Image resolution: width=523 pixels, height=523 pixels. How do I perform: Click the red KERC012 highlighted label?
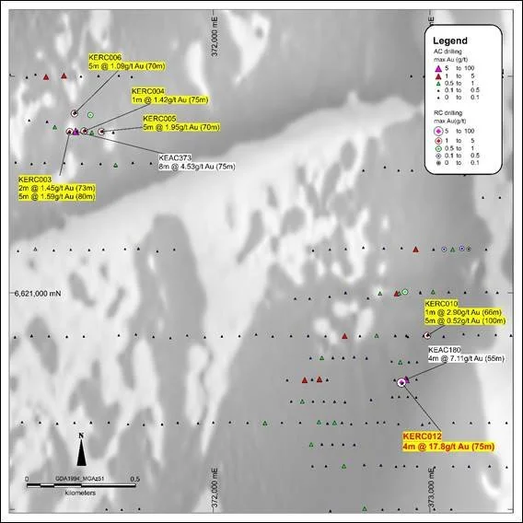448,441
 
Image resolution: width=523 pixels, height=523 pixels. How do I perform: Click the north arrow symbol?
82,450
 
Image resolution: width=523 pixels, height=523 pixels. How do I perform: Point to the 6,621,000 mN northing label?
35,294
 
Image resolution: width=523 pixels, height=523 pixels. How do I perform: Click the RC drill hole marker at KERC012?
401,381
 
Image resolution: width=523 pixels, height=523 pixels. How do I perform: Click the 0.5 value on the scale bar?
134,480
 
